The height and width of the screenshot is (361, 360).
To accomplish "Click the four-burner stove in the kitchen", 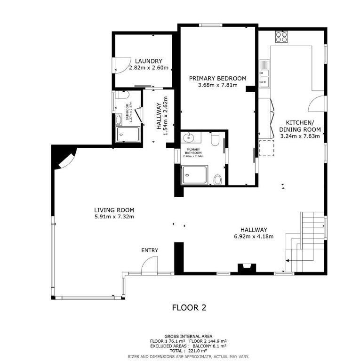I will [x=281, y=37].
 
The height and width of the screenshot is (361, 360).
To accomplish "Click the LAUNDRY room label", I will [x=148, y=61].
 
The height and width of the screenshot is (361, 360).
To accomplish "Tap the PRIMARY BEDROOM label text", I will [x=217, y=78].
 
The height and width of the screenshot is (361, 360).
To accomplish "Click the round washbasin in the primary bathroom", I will [x=189, y=138].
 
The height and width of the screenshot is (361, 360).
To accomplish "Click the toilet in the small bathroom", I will [x=122, y=95].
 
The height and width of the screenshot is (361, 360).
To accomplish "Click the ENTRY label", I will [x=150, y=250].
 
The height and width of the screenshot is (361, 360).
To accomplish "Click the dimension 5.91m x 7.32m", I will [x=114, y=217].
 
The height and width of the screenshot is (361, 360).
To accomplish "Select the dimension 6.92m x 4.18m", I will [x=254, y=236].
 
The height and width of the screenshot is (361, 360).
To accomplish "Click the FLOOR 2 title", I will [x=189, y=308].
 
